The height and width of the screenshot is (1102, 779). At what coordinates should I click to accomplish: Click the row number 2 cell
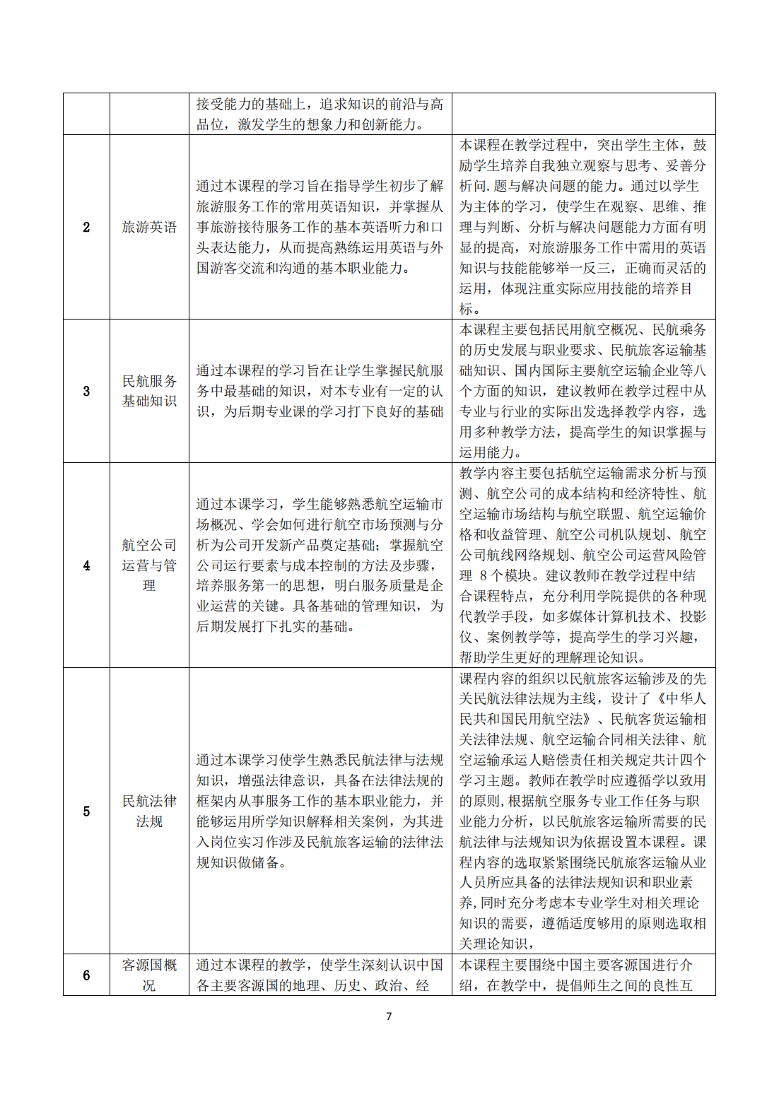pos(86,227)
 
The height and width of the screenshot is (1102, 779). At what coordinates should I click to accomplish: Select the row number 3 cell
pos(86,391)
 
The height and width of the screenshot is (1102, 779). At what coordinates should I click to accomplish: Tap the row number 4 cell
pos(86,565)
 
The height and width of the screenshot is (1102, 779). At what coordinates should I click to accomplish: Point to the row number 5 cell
pos(86,811)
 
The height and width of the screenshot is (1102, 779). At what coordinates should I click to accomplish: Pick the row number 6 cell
pos(86,975)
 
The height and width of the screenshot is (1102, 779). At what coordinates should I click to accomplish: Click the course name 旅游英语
pos(149,227)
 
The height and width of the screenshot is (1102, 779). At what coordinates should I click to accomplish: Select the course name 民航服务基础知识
pos(149,391)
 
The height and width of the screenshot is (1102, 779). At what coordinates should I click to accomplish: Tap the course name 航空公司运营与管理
pos(149,565)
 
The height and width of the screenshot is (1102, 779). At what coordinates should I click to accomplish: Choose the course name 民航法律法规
pos(149,811)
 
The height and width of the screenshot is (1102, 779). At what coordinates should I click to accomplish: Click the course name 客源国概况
pos(149,975)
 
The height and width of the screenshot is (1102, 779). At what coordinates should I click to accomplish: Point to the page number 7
pos(389,1016)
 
